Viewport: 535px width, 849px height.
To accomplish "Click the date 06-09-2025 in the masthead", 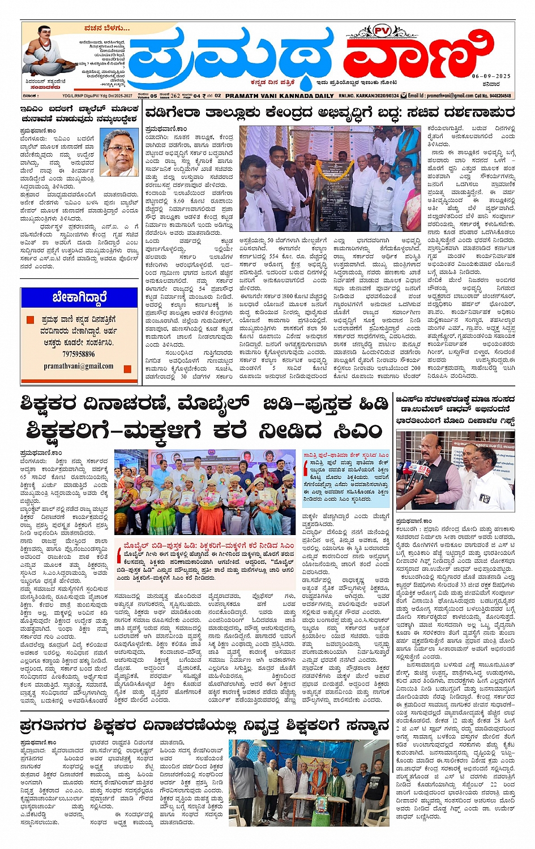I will coord(491,76).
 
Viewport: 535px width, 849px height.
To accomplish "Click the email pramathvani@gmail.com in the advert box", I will coord(78,366).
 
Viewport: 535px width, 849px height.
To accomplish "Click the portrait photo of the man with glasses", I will coord(119,152).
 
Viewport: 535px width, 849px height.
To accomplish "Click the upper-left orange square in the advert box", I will coord(31,320).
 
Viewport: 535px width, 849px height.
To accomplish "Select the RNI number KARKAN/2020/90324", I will coord(368,96).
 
